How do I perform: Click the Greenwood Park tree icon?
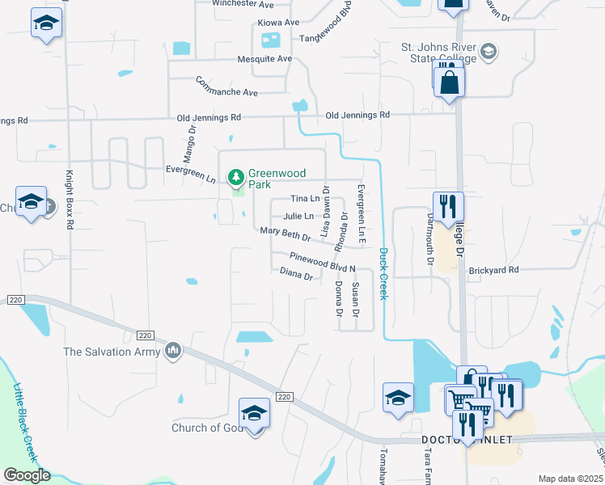point(236,175)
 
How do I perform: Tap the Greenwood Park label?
point(271,179)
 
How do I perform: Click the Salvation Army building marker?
point(172,351)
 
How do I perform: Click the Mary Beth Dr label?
point(286,234)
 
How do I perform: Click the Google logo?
point(27,476)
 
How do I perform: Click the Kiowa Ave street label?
point(278,22)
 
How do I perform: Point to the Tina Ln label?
point(304,199)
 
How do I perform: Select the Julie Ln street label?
point(298,216)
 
